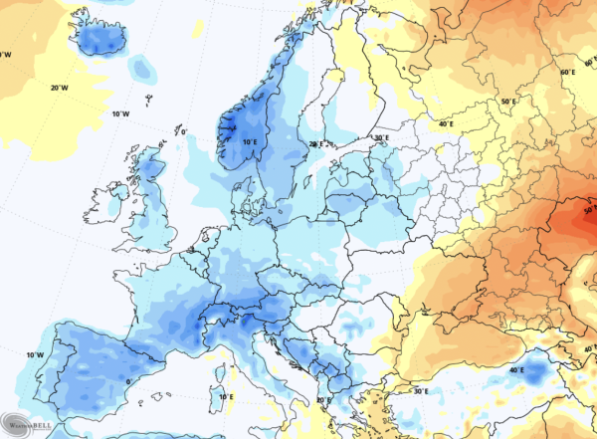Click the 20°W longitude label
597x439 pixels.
pyautogui.click(x=60, y=88)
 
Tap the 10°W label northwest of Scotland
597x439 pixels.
pyautogui.click(x=121, y=114)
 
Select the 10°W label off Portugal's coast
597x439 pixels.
pyautogui.click(x=34, y=355)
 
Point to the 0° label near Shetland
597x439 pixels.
pyautogui.click(x=181, y=131)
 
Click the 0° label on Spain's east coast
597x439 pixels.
pyautogui.click(x=128, y=379)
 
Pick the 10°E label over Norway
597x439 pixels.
pyautogui.click(x=250, y=142)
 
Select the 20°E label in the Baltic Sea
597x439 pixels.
pyautogui.click(x=317, y=144)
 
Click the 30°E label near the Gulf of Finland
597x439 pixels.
pyautogui.click(x=380, y=137)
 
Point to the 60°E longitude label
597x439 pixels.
pyautogui.click(x=567, y=73)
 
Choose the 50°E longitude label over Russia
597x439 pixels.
pyautogui.click(x=509, y=102)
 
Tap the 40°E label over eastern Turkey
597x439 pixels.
pyautogui.click(x=516, y=369)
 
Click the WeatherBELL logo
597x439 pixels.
pyautogui.click(x=27, y=423)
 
